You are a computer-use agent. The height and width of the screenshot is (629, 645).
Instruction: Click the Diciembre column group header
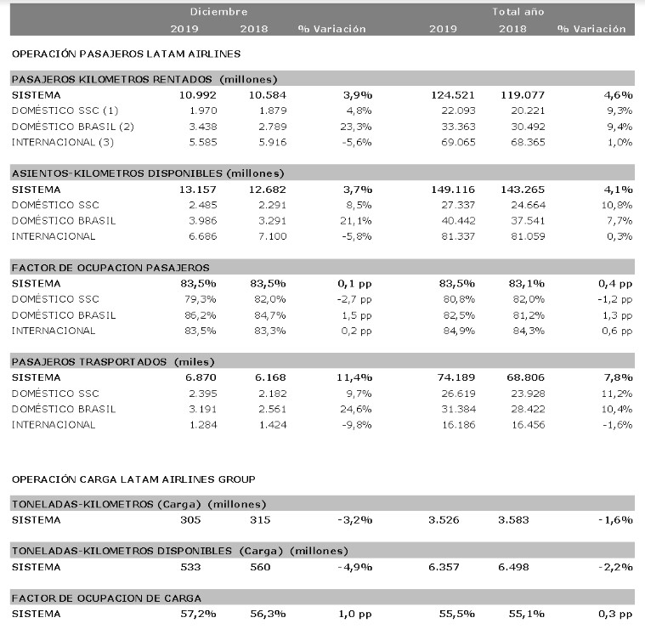[x=218, y=12]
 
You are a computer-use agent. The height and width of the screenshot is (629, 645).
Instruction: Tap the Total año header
[x=518, y=12]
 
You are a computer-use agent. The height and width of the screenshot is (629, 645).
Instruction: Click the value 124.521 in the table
[x=452, y=95]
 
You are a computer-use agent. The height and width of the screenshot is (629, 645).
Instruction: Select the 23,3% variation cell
[x=356, y=127]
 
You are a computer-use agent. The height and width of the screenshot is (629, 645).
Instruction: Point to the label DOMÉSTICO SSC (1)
[x=65, y=110]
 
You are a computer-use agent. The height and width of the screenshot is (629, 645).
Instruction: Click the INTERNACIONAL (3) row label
[x=63, y=142]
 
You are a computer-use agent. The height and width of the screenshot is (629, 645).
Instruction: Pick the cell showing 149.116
[x=452, y=190]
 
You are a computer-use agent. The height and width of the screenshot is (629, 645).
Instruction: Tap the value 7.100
[x=272, y=236]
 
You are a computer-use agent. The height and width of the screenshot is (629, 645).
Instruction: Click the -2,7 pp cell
[x=354, y=299]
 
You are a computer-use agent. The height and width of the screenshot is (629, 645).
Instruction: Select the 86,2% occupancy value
[x=201, y=315]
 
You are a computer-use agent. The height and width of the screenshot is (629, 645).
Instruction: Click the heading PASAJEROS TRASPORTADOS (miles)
[x=113, y=362]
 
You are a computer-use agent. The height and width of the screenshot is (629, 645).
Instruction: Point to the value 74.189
[x=455, y=377]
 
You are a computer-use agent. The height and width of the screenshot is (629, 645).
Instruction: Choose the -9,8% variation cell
[x=357, y=425]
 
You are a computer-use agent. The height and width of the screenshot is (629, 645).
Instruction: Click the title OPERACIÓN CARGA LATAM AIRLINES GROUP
[x=133, y=479]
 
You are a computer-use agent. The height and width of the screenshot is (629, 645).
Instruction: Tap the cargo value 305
[x=190, y=520]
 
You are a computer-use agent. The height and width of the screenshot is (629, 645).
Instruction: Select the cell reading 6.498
[x=513, y=567]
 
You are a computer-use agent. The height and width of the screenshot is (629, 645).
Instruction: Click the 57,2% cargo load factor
[x=198, y=615]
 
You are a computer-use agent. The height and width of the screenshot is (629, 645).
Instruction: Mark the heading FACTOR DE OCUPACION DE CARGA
[x=106, y=598]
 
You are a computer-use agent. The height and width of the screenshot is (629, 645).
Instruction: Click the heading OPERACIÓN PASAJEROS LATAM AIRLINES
[x=127, y=54]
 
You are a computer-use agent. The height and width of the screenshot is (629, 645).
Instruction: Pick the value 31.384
[x=458, y=410]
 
